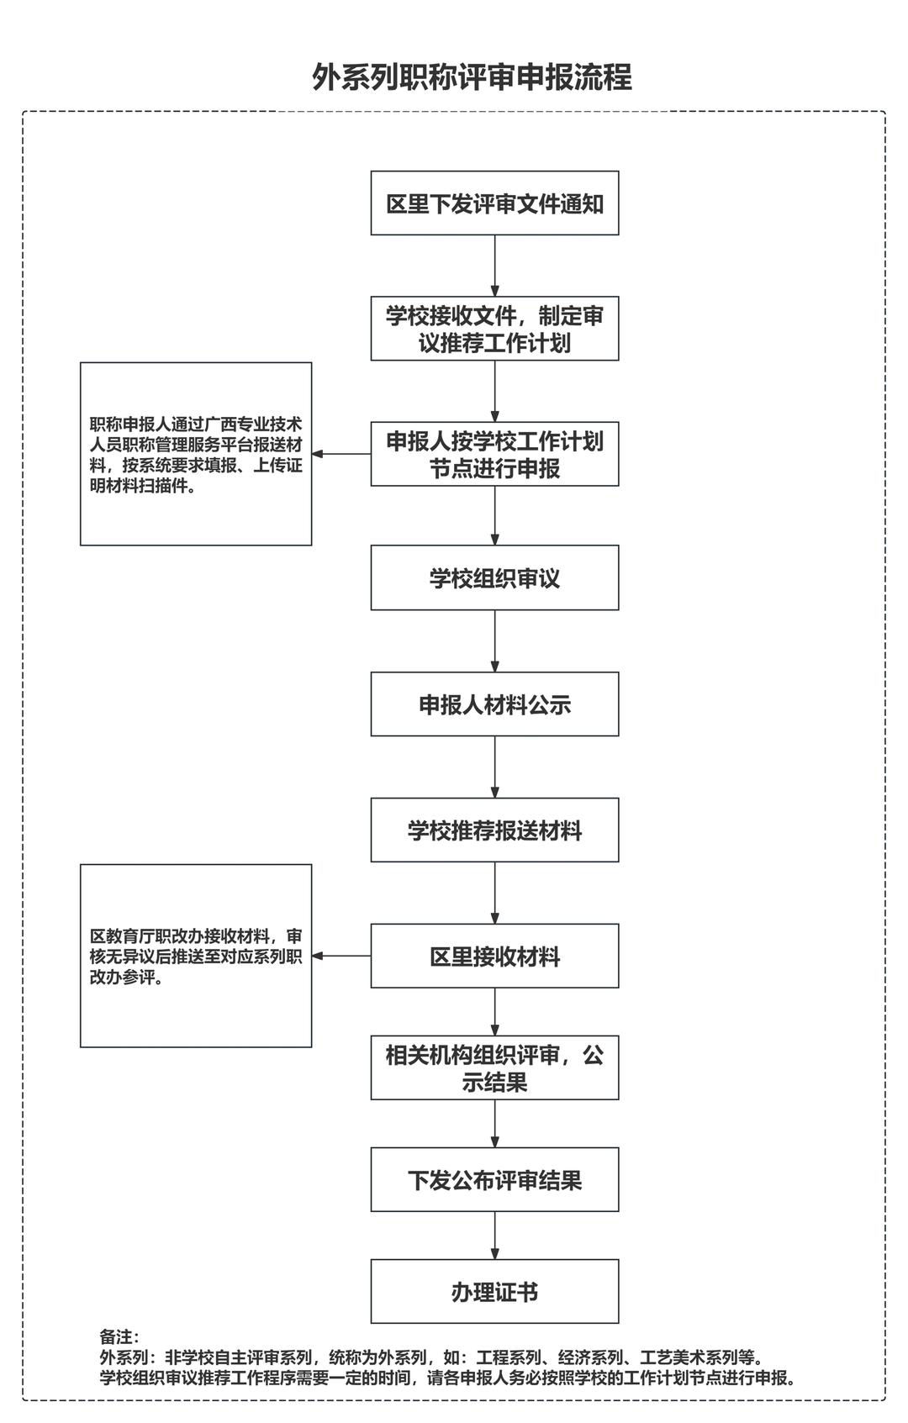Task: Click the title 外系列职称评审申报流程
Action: coord(472,77)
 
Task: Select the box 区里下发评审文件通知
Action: coord(494,203)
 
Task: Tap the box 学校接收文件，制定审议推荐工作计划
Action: coord(494,329)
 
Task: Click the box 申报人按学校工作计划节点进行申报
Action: coord(494,454)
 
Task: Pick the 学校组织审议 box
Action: coord(494,578)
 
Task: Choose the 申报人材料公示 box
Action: coord(494,704)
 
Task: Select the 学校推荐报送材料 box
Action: coord(494,830)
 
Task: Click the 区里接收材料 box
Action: coord(494,957)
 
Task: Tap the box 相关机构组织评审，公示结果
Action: coord(494,1068)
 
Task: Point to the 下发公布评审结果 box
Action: coord(494,1180)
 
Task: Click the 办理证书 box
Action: coord(494,1292)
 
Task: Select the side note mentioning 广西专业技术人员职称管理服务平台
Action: coord(196,454)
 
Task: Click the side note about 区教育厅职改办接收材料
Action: coord(196,956)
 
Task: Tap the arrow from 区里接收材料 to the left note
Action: coord(341,956)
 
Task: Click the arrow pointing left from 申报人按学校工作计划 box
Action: coord(341,454)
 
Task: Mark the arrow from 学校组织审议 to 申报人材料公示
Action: coord(494,640)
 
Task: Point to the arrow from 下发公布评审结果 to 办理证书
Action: coord(494,1235)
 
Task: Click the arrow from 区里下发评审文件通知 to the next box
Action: coord(494,266)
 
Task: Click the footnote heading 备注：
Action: coord(119,1337)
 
